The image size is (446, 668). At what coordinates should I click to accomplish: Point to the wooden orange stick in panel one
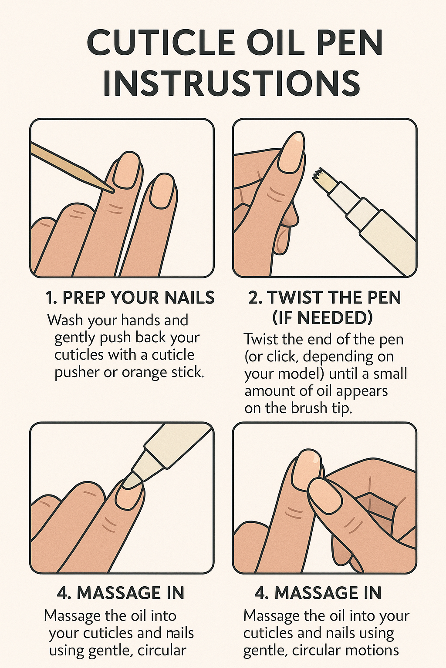pyautogui.click(x=72, y=167)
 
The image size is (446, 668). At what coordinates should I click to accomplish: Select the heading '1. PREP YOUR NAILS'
pyautogui.click(x=130, y=297)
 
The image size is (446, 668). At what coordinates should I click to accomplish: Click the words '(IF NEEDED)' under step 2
pyautogui.click(x=323, y=318)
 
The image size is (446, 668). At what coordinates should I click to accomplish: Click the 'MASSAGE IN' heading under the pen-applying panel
pyautogui.click(x=120, y=593)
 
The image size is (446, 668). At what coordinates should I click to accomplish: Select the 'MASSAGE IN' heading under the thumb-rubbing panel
pyautogui.click(x=318, y=593)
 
